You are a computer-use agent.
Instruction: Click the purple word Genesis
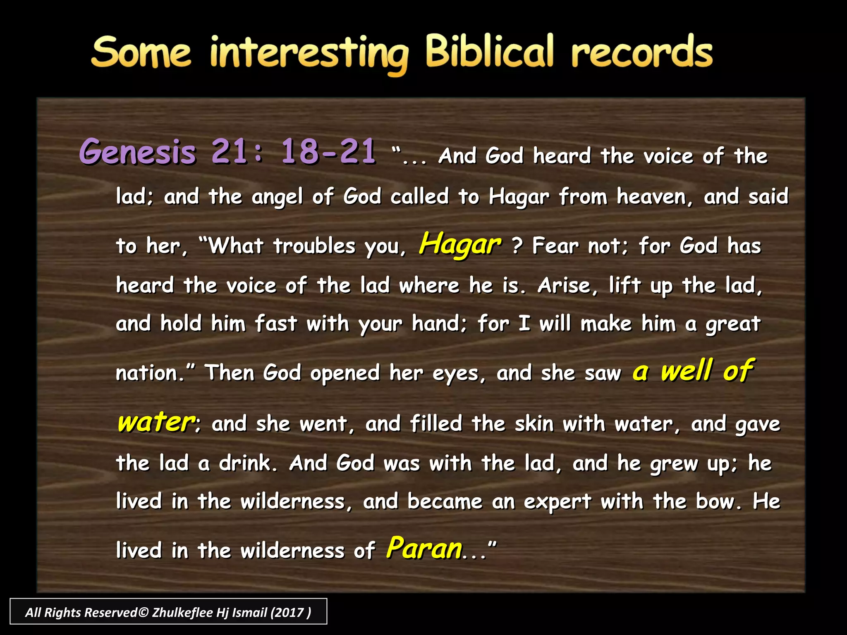coord(137,152)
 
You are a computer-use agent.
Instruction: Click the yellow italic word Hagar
coord(460,244)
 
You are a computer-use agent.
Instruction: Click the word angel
coord(277,197)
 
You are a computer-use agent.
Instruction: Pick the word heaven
coord(654,197)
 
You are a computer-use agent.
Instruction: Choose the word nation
coord(147,373)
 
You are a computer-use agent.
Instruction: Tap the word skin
coord(534,424)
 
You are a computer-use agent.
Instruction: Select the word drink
coord(247,463)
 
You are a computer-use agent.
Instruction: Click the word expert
coord(557,502)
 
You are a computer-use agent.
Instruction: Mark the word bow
coord(717,501)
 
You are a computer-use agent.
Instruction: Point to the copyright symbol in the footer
coord(143,612)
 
